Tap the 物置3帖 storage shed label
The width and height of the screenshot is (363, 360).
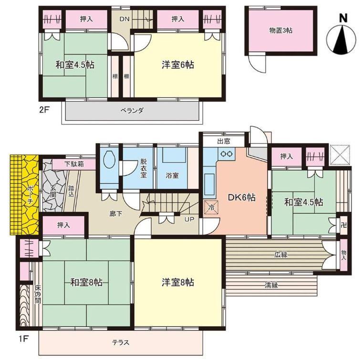(x=280, y=31)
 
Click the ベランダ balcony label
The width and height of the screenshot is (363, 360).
(x=132, y=110)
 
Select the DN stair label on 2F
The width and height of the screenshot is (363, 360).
(x=124, y=19)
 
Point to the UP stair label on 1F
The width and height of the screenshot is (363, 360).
(x=189, y=219)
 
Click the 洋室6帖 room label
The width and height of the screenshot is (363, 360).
(x=178, y=64)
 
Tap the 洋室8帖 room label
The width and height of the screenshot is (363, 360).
(x=178, y=282)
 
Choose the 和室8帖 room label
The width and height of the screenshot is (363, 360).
(x=86, y=282)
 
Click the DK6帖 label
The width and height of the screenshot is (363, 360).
(x=242, y=198)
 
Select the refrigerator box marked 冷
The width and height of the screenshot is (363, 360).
(x=211, y=207)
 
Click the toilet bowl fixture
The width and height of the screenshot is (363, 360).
(x=109, y=160)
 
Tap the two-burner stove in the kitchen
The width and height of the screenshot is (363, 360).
(x=226, y=154)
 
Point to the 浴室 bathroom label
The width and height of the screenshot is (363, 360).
(x=172, y=175)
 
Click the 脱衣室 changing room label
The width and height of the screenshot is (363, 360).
(x=143, y=168)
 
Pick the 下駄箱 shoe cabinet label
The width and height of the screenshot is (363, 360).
(x=74, y=164)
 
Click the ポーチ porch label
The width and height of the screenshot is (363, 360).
(x=31, y=194)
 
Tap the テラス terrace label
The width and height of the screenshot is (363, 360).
(x=121, y=342)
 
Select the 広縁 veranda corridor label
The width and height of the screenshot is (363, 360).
(x=281, y=255)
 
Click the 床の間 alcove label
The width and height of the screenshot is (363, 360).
(x=38, y=294)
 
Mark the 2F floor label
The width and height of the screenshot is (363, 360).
(x=44, y=109)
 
